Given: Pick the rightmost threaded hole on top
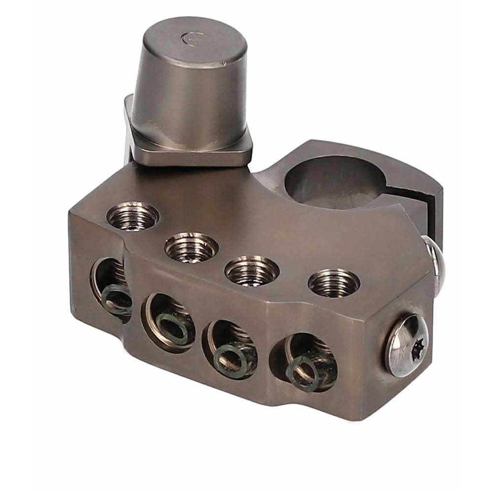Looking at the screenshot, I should point(334,283).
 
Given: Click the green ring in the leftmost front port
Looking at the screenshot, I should point(117,297).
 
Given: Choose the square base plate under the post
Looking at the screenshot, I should point(192,148).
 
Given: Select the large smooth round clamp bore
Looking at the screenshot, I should point(335,182).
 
